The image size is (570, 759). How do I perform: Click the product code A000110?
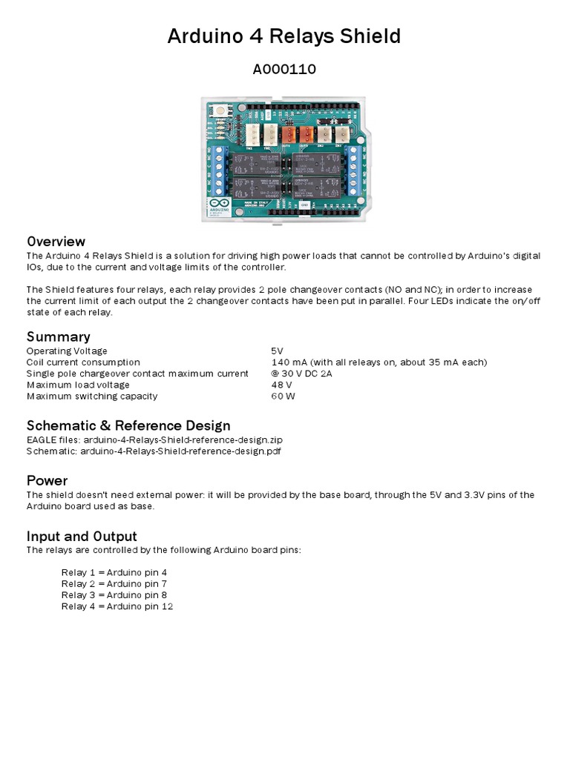(x=284, y=70)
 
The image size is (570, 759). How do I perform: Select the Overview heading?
(x=56, y=242)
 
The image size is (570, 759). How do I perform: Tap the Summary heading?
(x=58, y=337)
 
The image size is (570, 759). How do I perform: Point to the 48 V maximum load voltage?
(x=282, y=385)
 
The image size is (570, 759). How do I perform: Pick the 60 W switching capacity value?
(x=284, y=396)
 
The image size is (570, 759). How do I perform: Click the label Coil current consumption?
(x=83, y=362)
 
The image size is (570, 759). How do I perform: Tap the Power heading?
(x=47, y=480)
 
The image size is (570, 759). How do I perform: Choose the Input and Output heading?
(x=82, y=536)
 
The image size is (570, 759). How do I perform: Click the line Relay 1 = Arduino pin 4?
(x=114, y=573)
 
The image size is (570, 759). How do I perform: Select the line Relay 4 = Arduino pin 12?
(x=117, y=606)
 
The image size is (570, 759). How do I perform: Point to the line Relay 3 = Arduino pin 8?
(x=114, y=595)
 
